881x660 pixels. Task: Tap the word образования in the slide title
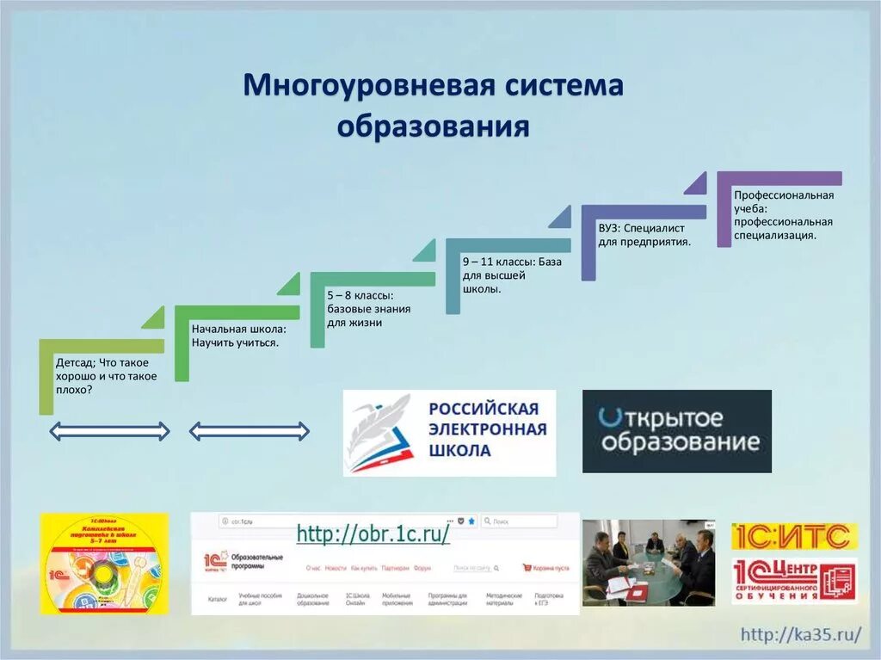433,126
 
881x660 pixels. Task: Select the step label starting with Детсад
106,376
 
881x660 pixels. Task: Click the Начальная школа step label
239,336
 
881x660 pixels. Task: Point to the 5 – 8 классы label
368,308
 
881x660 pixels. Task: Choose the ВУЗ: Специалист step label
645,236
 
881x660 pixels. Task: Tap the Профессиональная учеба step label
784,214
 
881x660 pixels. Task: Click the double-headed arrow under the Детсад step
109,430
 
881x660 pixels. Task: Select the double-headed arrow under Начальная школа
249,430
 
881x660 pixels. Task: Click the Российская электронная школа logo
449,433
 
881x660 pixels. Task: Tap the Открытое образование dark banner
676,431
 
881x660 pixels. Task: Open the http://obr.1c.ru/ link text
373,534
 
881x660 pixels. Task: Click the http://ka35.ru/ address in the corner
801,635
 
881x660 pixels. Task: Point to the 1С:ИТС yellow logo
790,536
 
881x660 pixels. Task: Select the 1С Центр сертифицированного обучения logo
794,580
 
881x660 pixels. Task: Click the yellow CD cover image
104,564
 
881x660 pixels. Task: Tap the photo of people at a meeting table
649,562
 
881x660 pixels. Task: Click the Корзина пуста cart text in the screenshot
551,568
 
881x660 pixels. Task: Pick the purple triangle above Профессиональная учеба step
696,182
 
